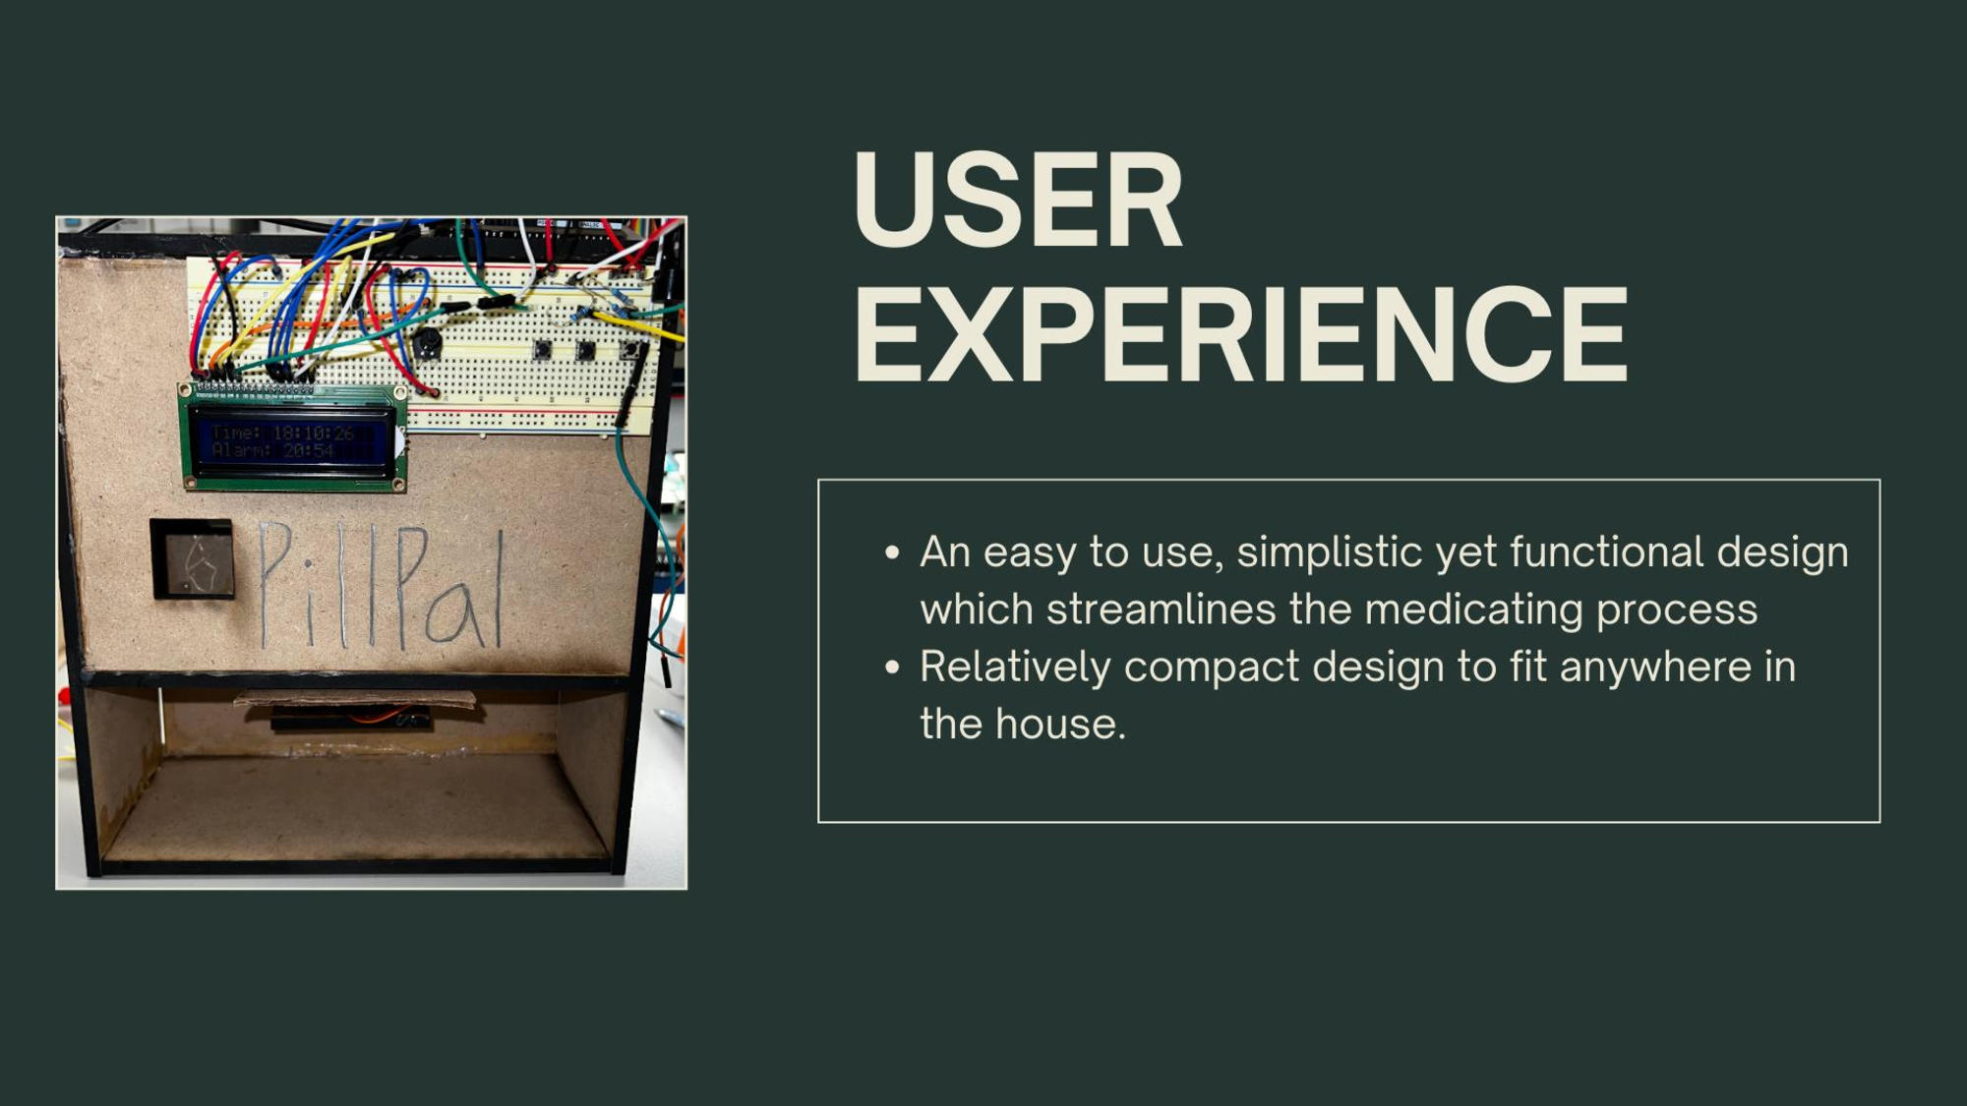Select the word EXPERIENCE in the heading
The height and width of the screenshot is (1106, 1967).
[x=1241, y=333]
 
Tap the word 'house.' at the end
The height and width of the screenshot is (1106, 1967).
[x=1060, y=725]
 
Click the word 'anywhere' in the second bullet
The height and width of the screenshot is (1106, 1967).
[x=1655, y=668]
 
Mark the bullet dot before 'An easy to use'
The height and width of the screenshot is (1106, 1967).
[x=892, y=553]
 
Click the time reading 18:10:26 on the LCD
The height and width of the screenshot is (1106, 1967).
[x=313, y=433]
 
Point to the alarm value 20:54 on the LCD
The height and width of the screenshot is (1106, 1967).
[x=309, y=450]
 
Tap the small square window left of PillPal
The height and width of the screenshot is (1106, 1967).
[x=193, y=558]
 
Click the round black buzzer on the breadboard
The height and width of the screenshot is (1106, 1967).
[x=426, y=343]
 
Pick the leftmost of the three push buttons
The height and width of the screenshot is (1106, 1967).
[x=542, y=348]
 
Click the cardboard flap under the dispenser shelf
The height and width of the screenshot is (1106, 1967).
[x=355, y=700]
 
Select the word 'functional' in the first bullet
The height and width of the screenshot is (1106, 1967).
[x=1607, y=553]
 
